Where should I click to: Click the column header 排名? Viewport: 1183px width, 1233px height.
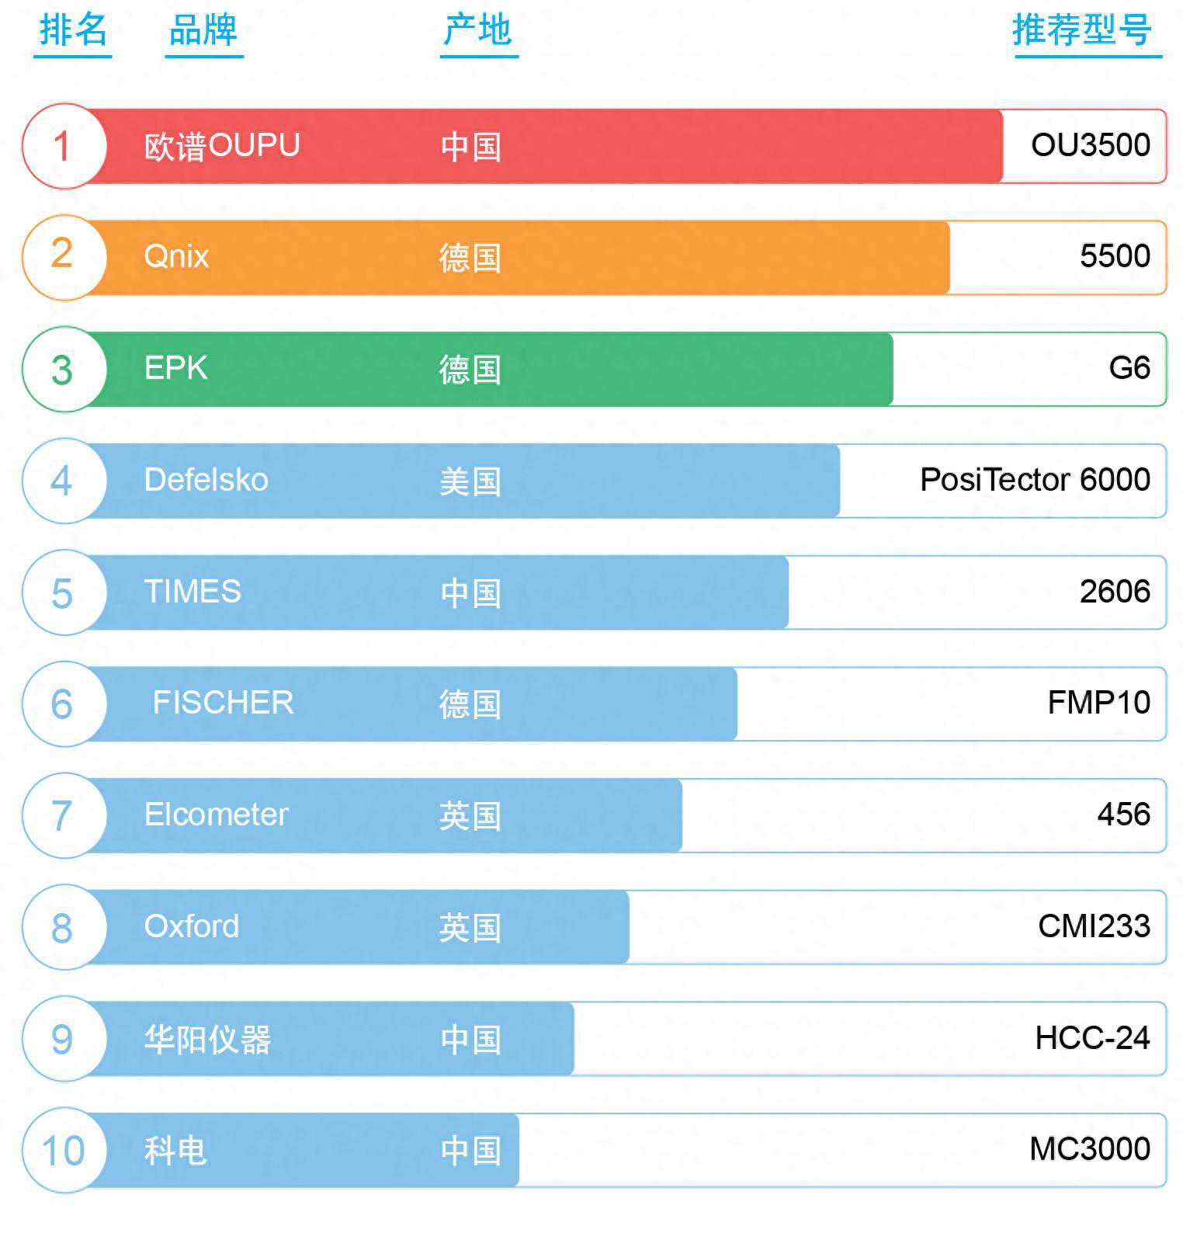[x=73, y=31]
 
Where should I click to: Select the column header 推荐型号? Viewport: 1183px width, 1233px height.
[x=1081, y=31]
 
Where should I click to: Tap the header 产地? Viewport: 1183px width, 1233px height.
[x=477, y=31]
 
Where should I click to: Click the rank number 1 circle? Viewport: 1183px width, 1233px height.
[x=63, y=146]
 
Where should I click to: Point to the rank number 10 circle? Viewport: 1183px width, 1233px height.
[x=63, y=1150]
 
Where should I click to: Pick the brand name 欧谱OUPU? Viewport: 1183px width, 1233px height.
[x=222, y=146]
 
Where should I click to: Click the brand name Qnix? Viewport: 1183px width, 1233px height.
[x=176, y=257]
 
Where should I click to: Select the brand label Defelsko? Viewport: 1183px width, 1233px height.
[x=206, y=480]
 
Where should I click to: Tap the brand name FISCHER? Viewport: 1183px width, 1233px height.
[x=223, y=703]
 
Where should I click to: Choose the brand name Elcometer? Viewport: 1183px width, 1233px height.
[x=216, y=814]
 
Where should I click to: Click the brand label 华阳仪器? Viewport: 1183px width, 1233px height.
[x=207, y=1039]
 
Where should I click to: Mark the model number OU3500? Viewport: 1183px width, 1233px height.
[x=1090, y=145]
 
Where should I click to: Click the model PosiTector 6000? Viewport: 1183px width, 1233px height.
[x=1035, y=480]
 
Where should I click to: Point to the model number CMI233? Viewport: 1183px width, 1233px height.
[x=1094, y=926]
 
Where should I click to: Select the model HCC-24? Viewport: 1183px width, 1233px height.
[x=1092, y=1038]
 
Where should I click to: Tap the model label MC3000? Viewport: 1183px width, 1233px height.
[x=1089, y=1149]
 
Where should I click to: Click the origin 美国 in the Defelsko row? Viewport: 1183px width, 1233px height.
[x=470, y=481]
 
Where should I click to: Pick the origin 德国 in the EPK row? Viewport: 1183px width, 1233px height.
[x=470, y=370]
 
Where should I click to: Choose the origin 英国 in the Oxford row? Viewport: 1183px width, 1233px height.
[x=470, y=927]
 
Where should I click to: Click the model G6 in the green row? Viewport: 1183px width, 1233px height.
[x=1129, y=368]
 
